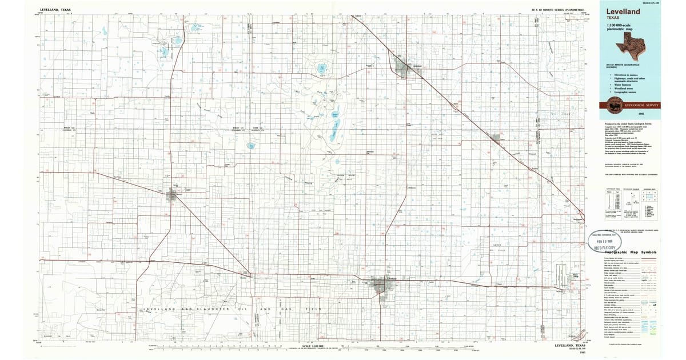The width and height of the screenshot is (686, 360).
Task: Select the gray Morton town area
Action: (x=171, y=196)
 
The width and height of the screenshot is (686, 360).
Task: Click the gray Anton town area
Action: (x=496, y=138)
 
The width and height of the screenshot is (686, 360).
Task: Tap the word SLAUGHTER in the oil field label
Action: (x=206, y=309)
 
